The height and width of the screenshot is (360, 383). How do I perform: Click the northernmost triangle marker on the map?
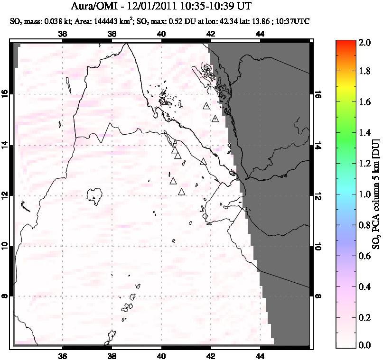click(206, 106)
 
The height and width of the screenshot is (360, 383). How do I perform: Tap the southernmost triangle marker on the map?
click(181, 192)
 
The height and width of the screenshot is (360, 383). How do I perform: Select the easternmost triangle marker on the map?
click(215, 119)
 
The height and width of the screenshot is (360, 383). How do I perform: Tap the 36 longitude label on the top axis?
click(62, 34)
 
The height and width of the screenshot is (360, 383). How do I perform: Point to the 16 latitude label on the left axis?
click(7, 94)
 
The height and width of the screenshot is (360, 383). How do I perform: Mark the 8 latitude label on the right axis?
click(318, 296)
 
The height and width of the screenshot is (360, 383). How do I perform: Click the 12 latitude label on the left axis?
click(7, 195)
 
